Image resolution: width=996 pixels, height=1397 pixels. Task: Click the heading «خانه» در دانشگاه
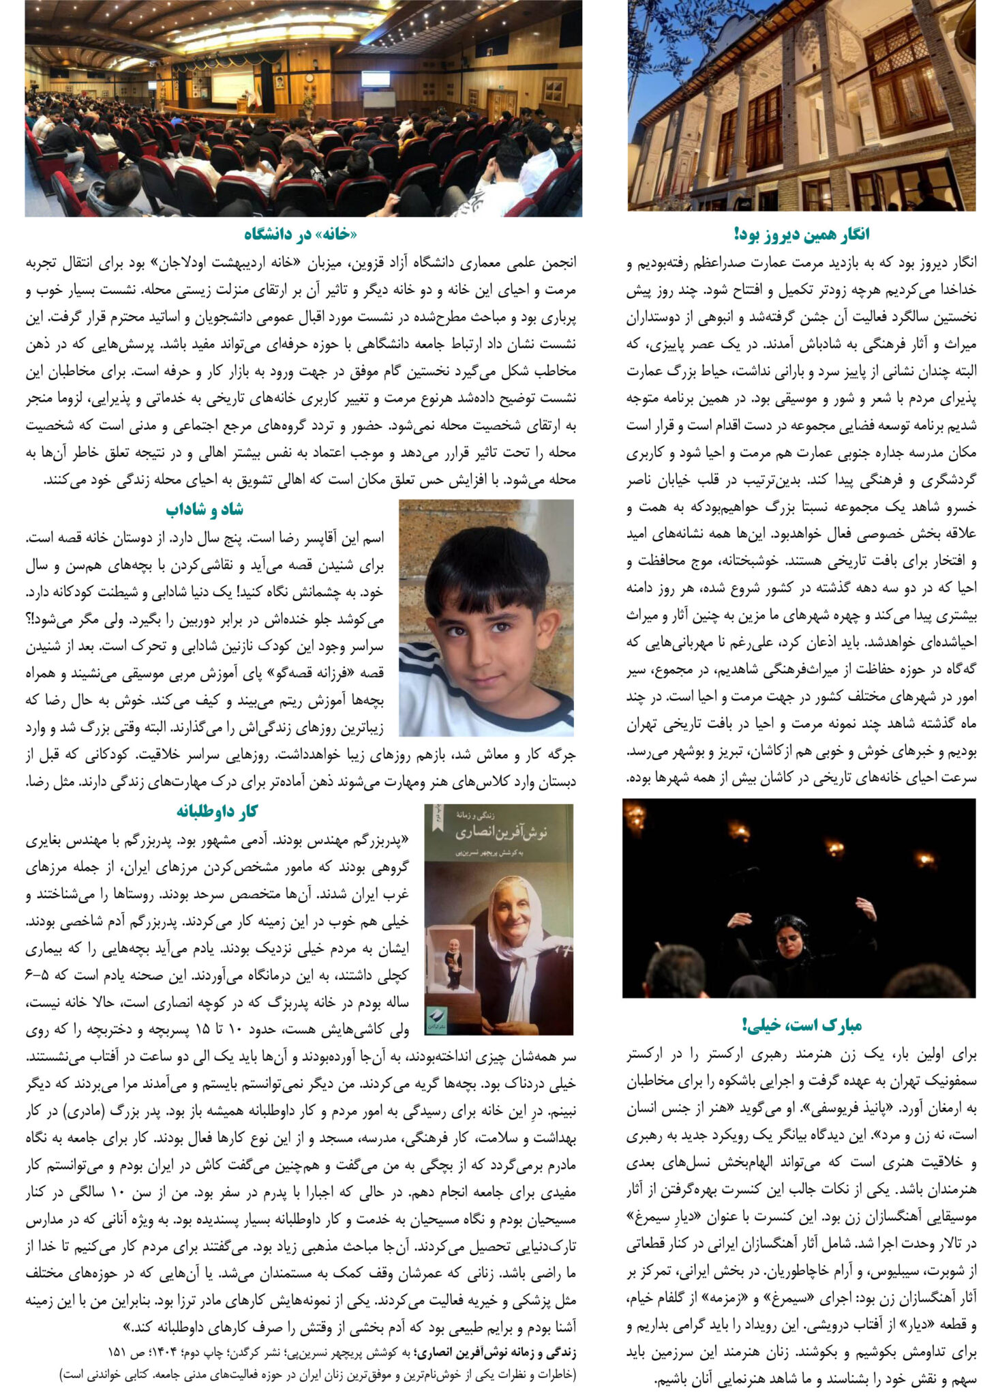click(300, 235)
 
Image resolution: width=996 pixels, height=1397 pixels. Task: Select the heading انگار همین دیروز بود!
click(802, 235)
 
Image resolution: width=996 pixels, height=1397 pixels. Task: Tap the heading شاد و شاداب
click(204, 510)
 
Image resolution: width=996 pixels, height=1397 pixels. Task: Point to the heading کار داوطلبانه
click(217, 811)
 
